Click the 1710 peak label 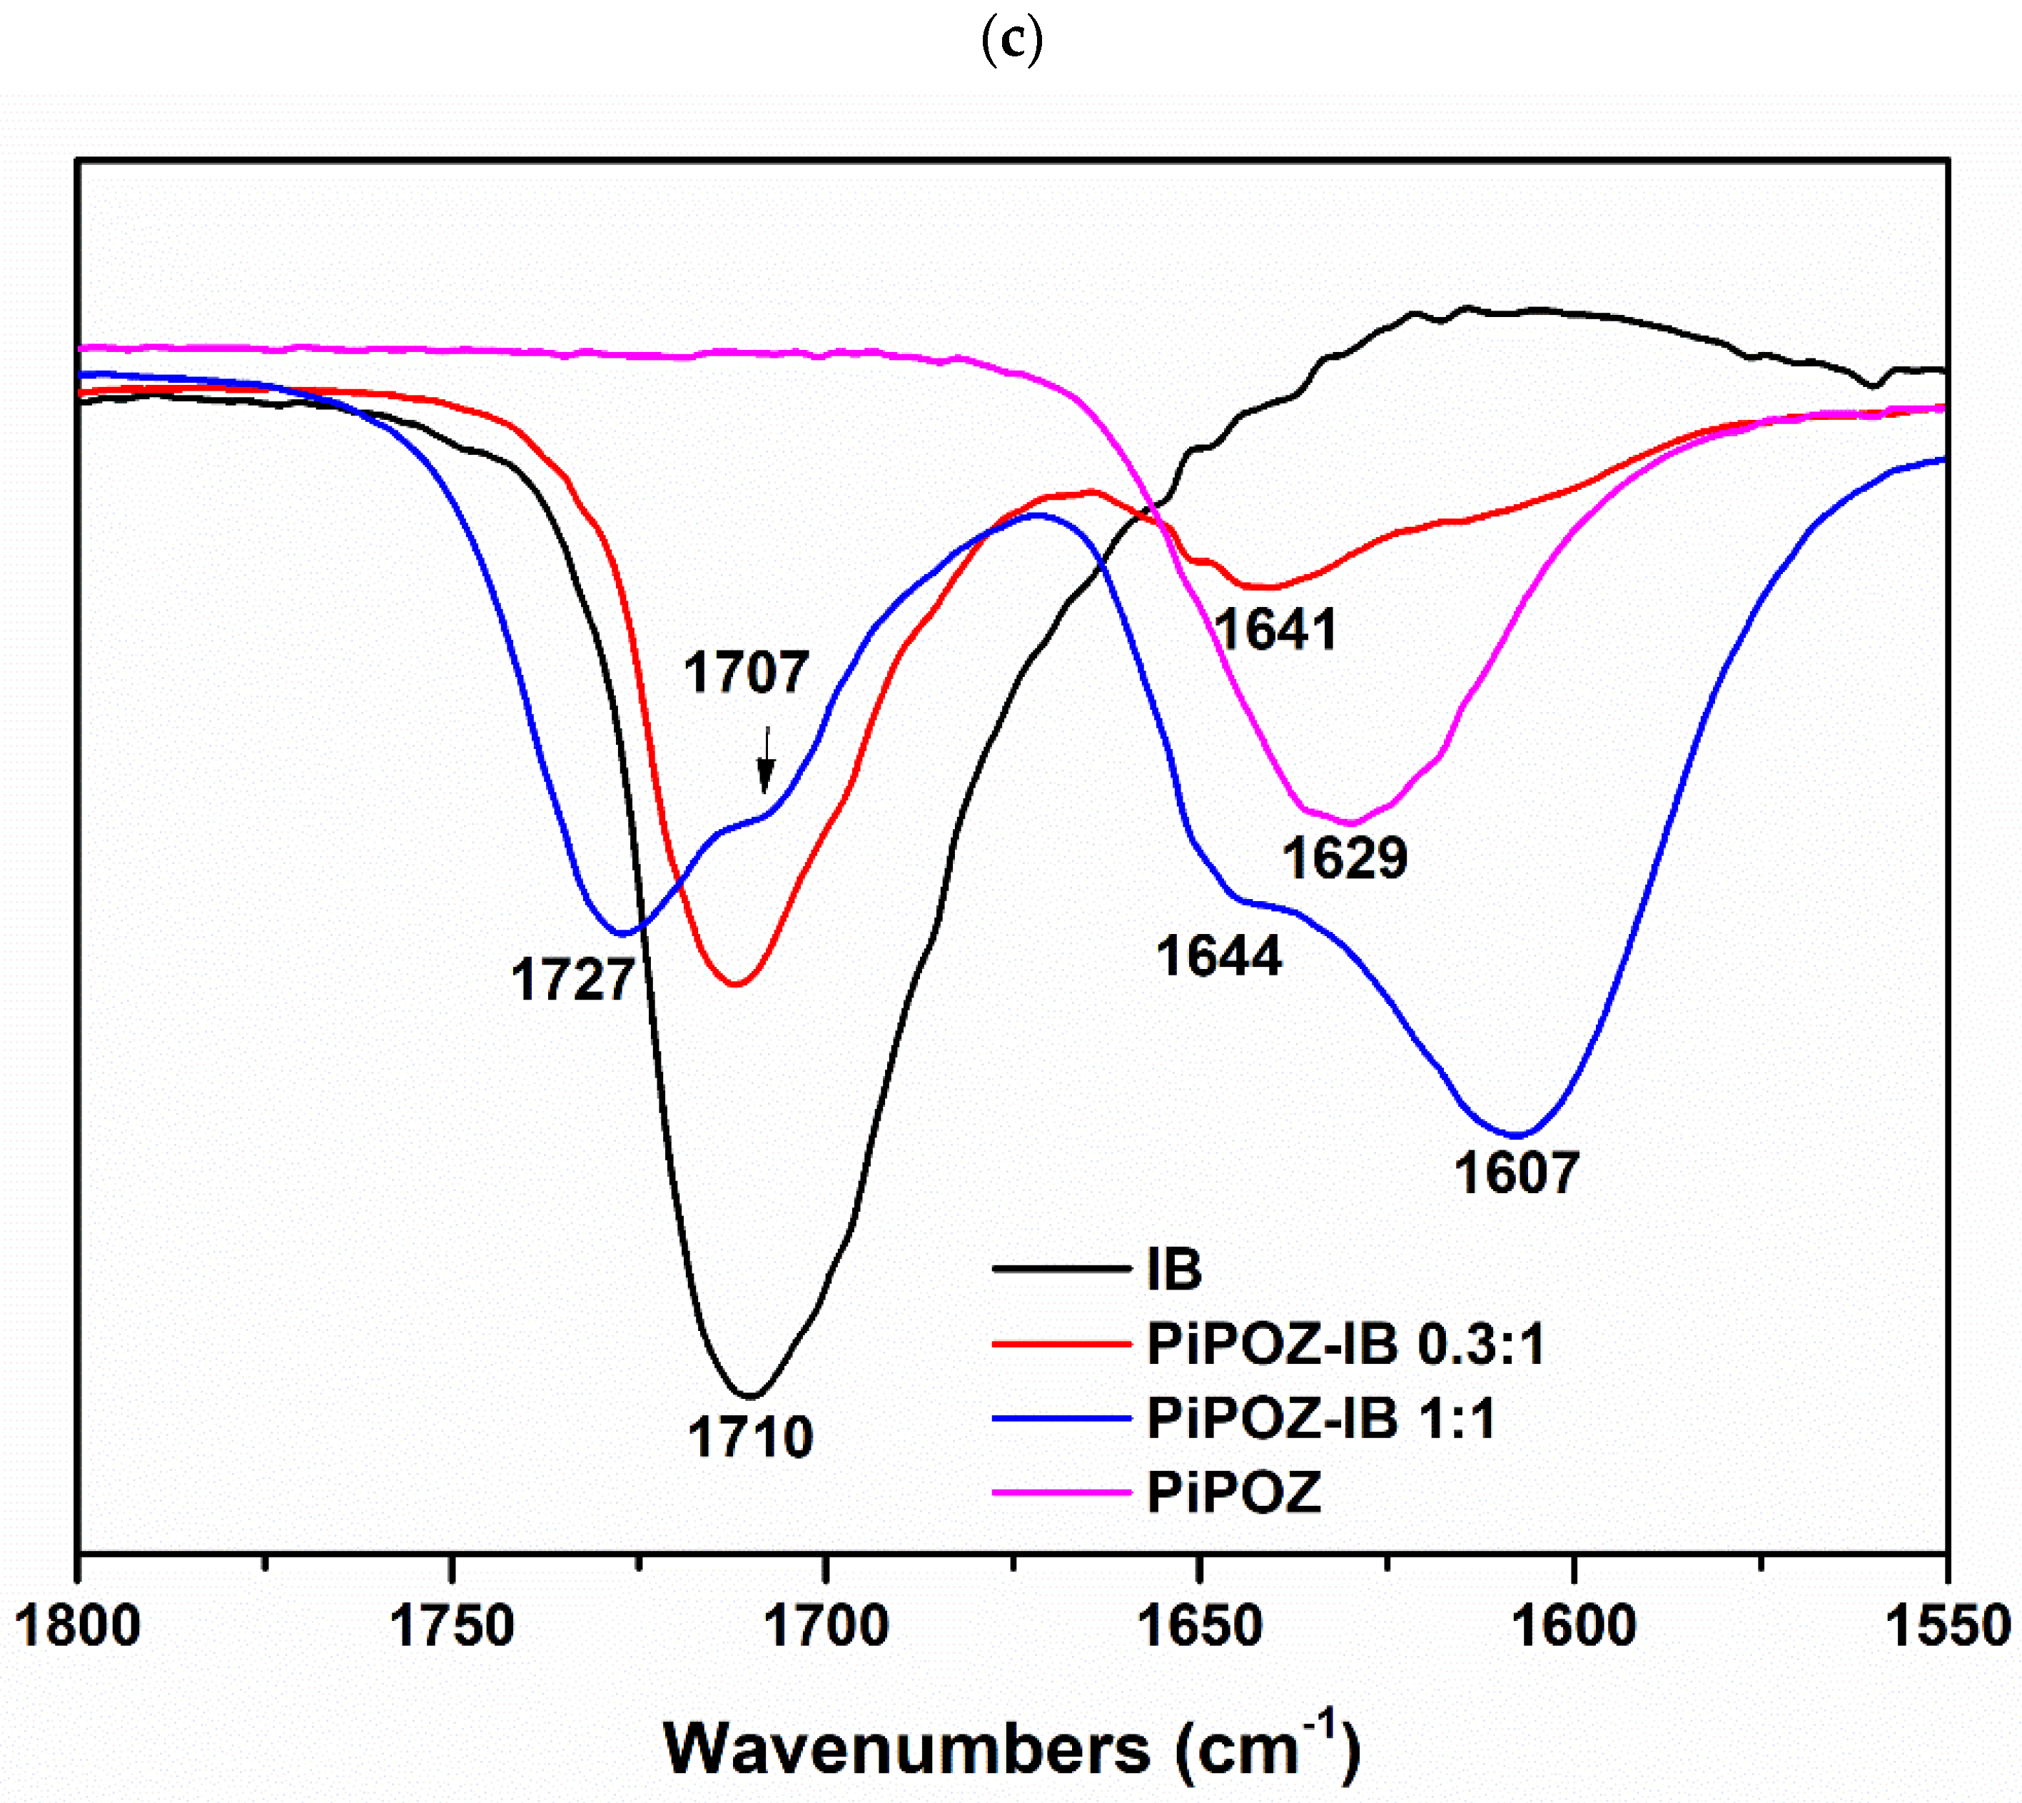pyautogui.click(x=751, y=1437)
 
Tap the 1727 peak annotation pyautogui.click(x=572, y=980)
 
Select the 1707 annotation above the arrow pyautogui.click(x=746, y=673)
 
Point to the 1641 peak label pyautogui.click(x=1275, y=629)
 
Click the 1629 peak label pyautogui.click(x=1345, y=857)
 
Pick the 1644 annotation pyautogui.click(x=1219, y=956)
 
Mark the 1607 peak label pyautogui.click(x=1516, y=1173)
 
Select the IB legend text pyautogui.click(x=1173, y=1269)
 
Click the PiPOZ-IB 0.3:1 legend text pyautogui.click(x=1345, y=1345)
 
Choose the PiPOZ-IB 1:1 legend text pyautogui.click(x=1321, y=1419)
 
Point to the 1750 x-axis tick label pyautogui.click(x=452, y=1627)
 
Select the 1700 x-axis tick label pyautogui.click(x=826, y=1627)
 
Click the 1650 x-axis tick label pyautogui.click(x=1199, y=1627)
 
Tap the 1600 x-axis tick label pyautogui.click(x=1574, y=1627)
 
